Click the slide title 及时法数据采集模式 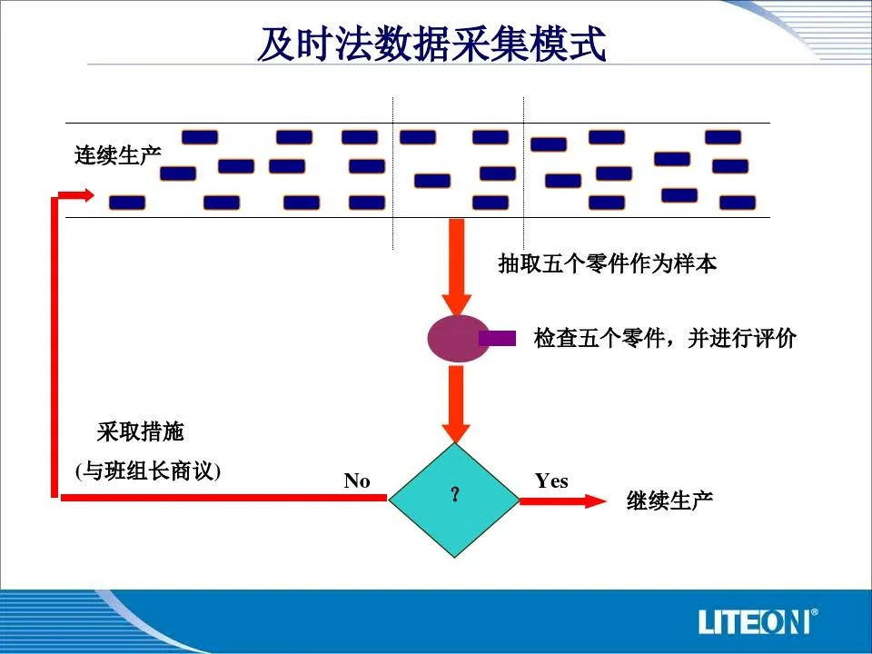(431, 44)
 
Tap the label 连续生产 (118, 155)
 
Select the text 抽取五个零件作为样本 (608, 263)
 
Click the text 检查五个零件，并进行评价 (665, 338)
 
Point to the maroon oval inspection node (458, 339)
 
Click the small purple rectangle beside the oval (498, 338)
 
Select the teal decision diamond (454, 500)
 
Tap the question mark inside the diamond (455, 494)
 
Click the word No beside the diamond (357, 481)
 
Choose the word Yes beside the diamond (551, 481)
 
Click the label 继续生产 (669, 500)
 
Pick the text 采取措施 (140, 431)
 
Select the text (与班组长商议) (148, 471)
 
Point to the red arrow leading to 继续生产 (563, 501)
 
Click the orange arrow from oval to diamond (456, 404)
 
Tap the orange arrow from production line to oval (457, 267)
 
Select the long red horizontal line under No (223, 497)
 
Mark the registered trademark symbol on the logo (814, 612)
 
